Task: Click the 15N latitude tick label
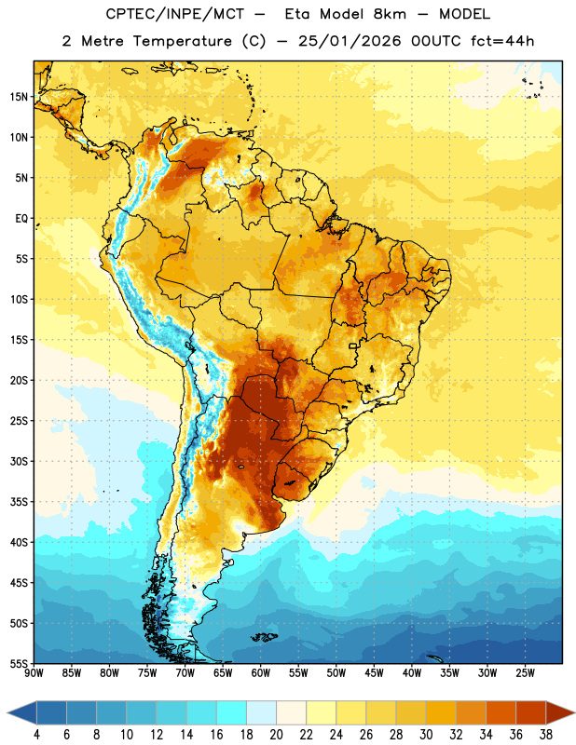click(x=19, y=97)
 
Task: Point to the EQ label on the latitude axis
click(x=21, y=219)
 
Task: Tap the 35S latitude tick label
click(x=19, y=502)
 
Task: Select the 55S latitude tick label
click(x=19, y=663)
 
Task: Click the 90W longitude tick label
click(x=34, y=672)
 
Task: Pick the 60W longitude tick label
click(x=261, y=672)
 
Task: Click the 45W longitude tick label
click(x=374, y=672)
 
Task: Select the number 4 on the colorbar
click(x=36, y=735)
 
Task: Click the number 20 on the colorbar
click(x=276, y=735)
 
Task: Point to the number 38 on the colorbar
click(x=546, y=735)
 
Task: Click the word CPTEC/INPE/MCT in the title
click(x=174, y=14)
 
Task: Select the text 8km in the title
click(x=390, y=14)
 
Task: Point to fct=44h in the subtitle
click(x=502, y=41)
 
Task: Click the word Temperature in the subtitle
click(x=182, y=41)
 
